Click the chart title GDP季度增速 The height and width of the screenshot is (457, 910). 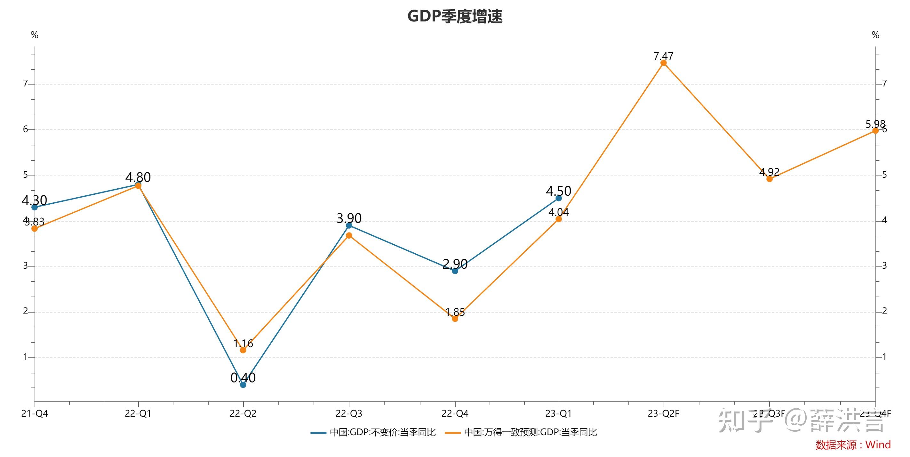click(x=455, y=16)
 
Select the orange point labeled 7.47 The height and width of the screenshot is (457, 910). click(x=663, y=63)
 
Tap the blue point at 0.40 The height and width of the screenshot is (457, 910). click(x=243, y=385)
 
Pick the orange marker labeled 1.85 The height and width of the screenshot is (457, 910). click(x=455, y=318)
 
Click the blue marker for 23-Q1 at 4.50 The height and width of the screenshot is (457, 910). click(x=558, y=198)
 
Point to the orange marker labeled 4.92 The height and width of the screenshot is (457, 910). click(x=770, y=179)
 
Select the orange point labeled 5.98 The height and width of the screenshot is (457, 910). click(x=875, y=131)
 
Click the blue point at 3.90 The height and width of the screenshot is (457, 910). click(x=349, y=225)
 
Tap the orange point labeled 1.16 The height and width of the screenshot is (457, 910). click(x=243, y=350)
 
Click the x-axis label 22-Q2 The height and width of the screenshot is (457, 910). click(x=243, y=413)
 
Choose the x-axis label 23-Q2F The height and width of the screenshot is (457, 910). click(x=663, y=413)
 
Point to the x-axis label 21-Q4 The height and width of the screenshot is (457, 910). click(x=35, y=413)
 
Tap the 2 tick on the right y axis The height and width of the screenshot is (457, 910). click(x=884, y=311)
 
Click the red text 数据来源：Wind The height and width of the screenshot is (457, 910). click(x=853, y=445)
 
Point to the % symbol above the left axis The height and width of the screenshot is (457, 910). click(x=34, y=35)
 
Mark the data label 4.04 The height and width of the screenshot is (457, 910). click(x=558, y=212)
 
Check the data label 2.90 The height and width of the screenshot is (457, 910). click(x=455, y=264)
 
